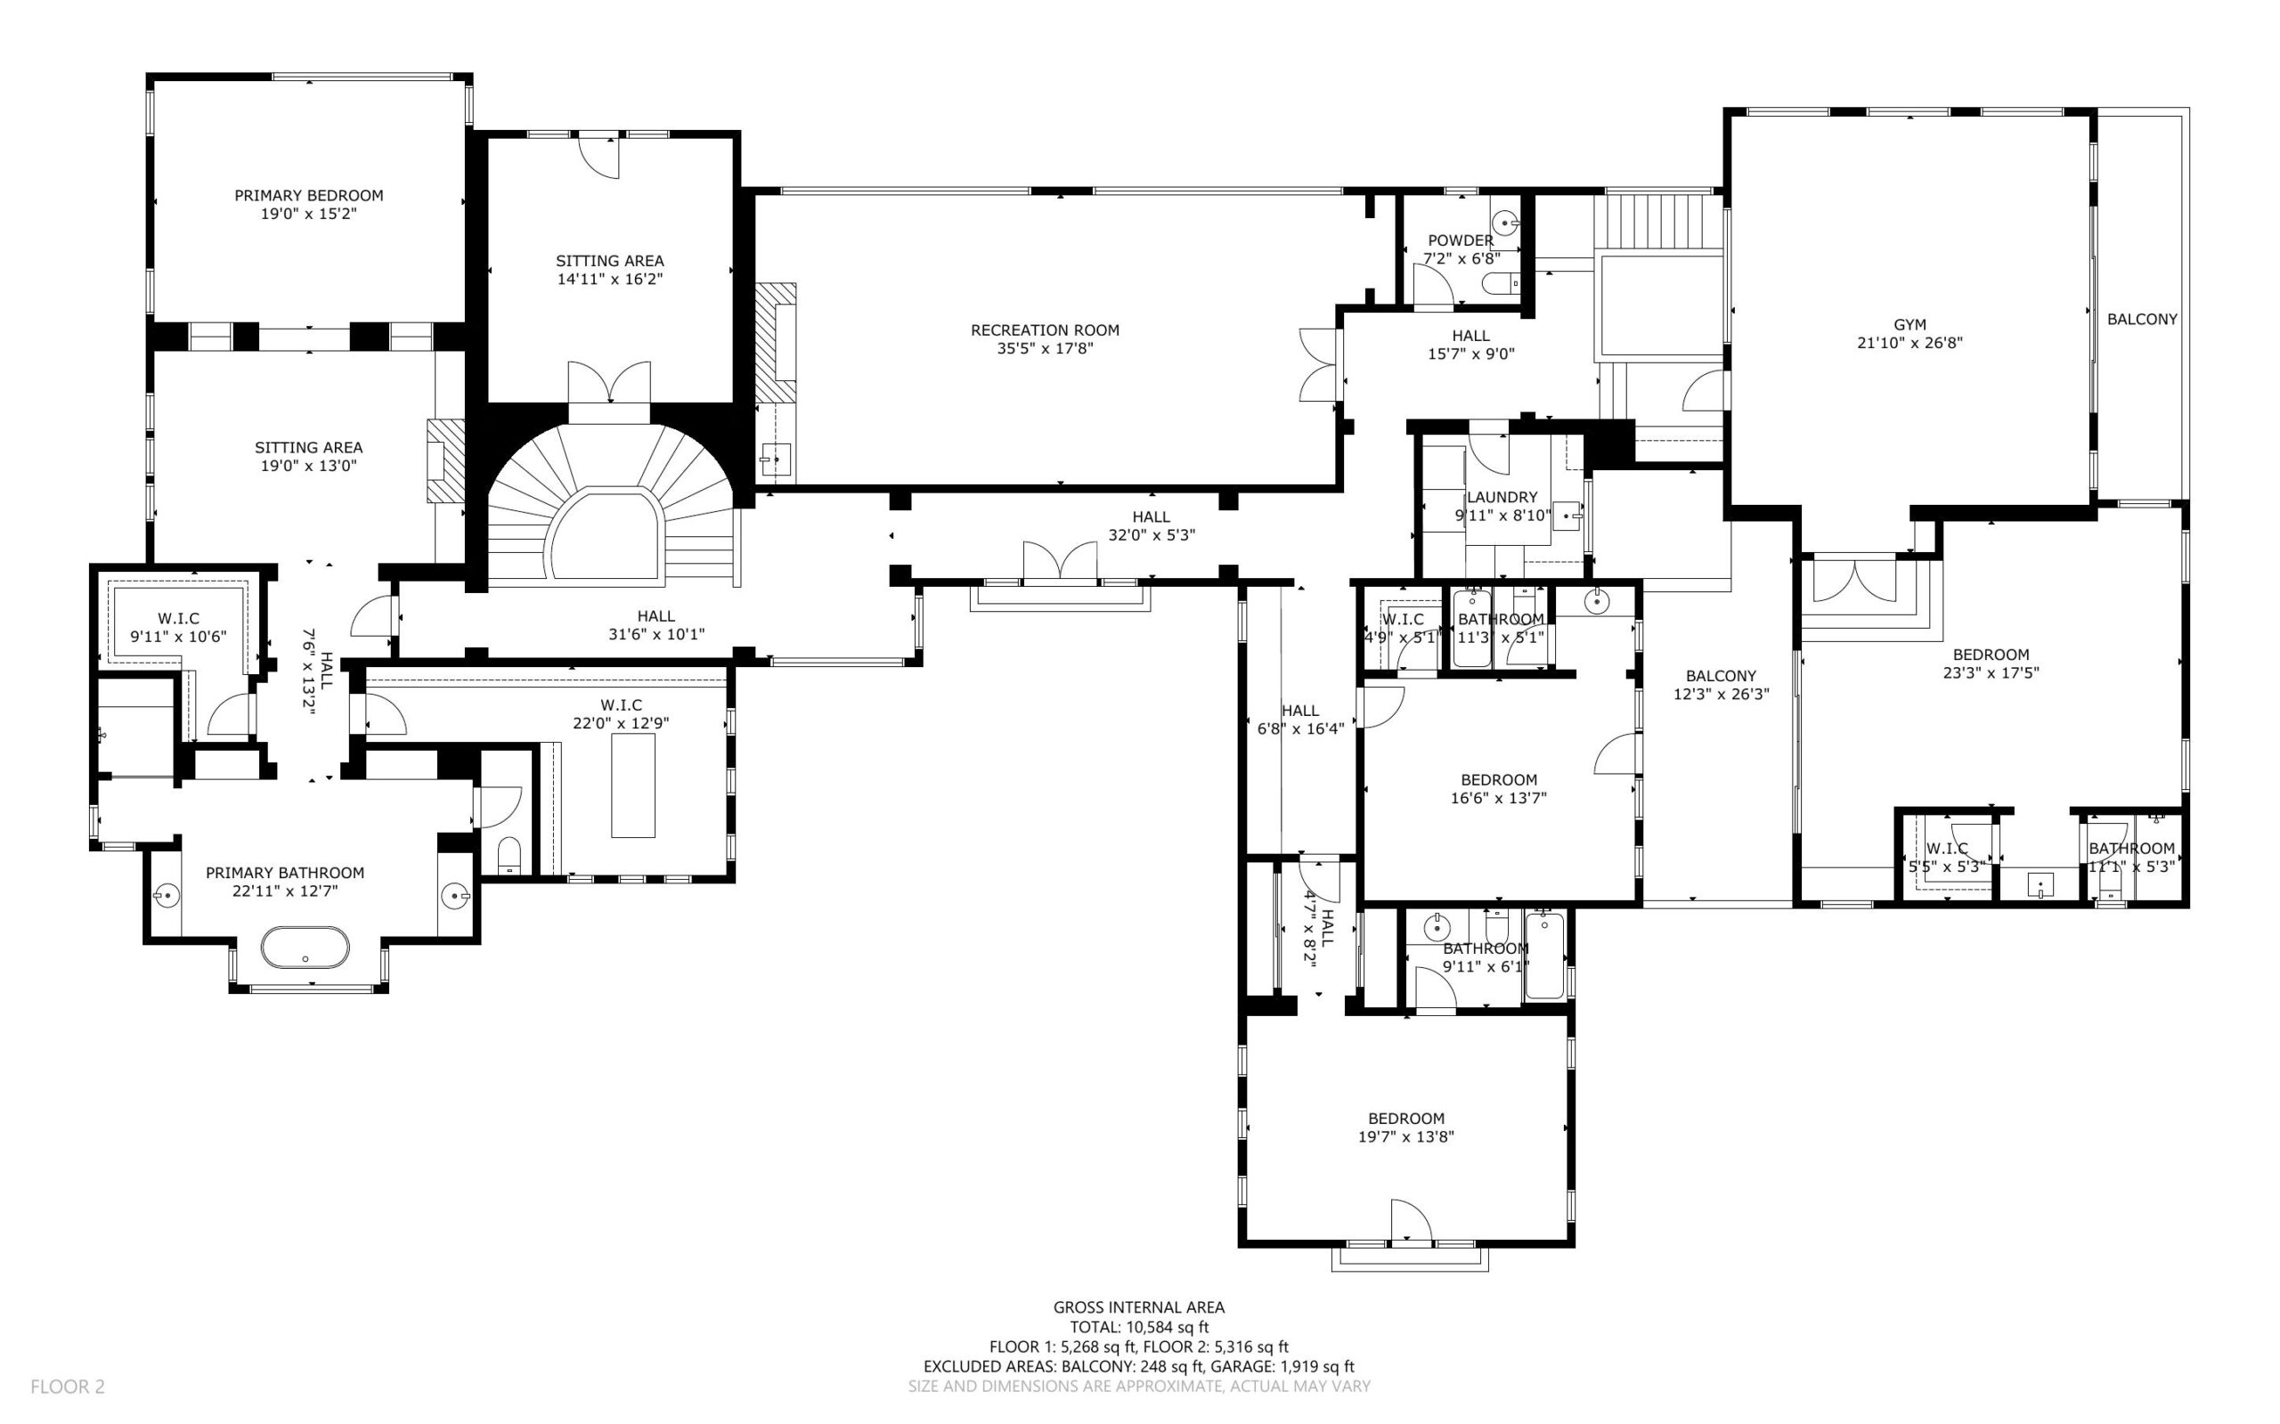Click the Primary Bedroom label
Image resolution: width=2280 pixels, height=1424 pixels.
[x=309, y=204]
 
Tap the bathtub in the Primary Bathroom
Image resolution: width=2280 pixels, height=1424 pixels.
[x=305, y=948]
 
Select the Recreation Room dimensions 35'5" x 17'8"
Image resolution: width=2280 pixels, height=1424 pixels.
[x=1046, y=348]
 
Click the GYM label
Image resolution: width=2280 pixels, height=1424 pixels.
[x=1909, y=325]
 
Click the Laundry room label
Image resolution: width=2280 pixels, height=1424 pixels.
[x=1502, y=497]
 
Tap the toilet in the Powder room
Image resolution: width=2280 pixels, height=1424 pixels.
[x=1502, y=282]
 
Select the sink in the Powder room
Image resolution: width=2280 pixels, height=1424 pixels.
[x=1507, y=224]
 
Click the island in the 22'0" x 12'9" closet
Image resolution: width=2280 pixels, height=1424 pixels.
[x=633, y=785]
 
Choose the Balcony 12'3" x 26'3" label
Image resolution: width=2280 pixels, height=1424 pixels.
[x=1722, y=685]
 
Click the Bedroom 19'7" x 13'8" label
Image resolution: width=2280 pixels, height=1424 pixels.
[x=1406, y=1127]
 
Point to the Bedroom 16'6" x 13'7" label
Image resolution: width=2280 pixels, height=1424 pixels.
[x=1498, y=788]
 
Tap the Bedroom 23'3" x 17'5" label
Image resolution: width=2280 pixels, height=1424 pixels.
[x=1991, y=663]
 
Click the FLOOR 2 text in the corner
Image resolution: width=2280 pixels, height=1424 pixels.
[x=68, y=1387]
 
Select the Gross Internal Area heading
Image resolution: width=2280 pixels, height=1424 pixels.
[x=1138, y=1307]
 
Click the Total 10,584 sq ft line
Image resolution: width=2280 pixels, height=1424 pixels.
[x=1138, y=1327]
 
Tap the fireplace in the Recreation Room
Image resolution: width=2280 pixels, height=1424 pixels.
[x=775, y=343]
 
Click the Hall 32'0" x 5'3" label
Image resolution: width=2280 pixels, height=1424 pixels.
[x=1151, y=525]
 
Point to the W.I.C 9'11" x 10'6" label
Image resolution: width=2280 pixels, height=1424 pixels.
[x=178, y=627]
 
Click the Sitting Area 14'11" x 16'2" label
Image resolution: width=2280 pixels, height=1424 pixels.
[x=609, y=269]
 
